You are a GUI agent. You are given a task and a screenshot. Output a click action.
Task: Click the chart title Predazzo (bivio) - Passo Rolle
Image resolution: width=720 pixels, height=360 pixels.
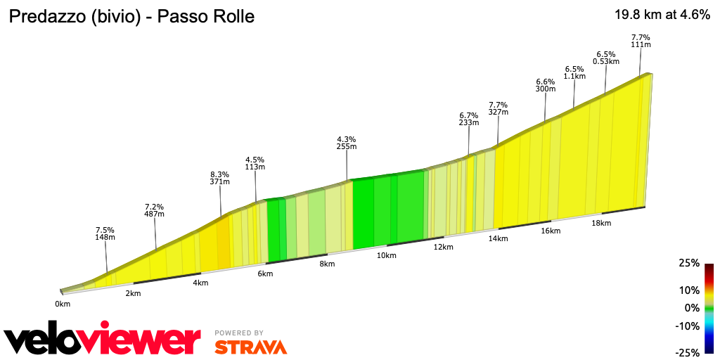[131, 16]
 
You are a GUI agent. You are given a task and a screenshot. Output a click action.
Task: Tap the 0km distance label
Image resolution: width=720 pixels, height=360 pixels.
[63, 304]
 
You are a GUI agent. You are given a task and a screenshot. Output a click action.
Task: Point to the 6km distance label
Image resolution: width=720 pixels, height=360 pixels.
[265, 274]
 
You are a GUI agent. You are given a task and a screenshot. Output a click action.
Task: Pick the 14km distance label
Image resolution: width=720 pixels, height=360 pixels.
[498, 239]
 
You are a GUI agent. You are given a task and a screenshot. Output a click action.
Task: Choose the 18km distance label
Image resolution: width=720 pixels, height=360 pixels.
[601, 223]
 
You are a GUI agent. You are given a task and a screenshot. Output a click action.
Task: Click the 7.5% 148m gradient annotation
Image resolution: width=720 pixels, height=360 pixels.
[105, 234]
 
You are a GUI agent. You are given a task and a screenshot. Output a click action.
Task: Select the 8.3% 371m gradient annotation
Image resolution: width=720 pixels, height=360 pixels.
[219, 177]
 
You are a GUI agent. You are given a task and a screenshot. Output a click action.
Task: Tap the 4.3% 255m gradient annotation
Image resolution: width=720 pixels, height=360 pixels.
[347, 143]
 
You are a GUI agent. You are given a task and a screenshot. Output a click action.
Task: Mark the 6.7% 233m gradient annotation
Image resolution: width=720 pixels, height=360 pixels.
[469, 118]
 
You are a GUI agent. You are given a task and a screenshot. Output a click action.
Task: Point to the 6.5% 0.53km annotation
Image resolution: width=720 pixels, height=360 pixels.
[606, 58]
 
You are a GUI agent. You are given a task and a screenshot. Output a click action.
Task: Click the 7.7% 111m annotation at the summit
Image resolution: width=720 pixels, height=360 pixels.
[641, 41]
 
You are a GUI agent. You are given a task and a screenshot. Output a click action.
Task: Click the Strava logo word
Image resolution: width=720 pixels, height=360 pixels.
[250, 347]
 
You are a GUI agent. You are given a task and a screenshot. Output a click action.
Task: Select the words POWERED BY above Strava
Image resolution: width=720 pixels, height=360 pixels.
[239, 333]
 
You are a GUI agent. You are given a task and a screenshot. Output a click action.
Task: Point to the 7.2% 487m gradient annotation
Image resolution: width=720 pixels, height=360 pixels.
[154, 210]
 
